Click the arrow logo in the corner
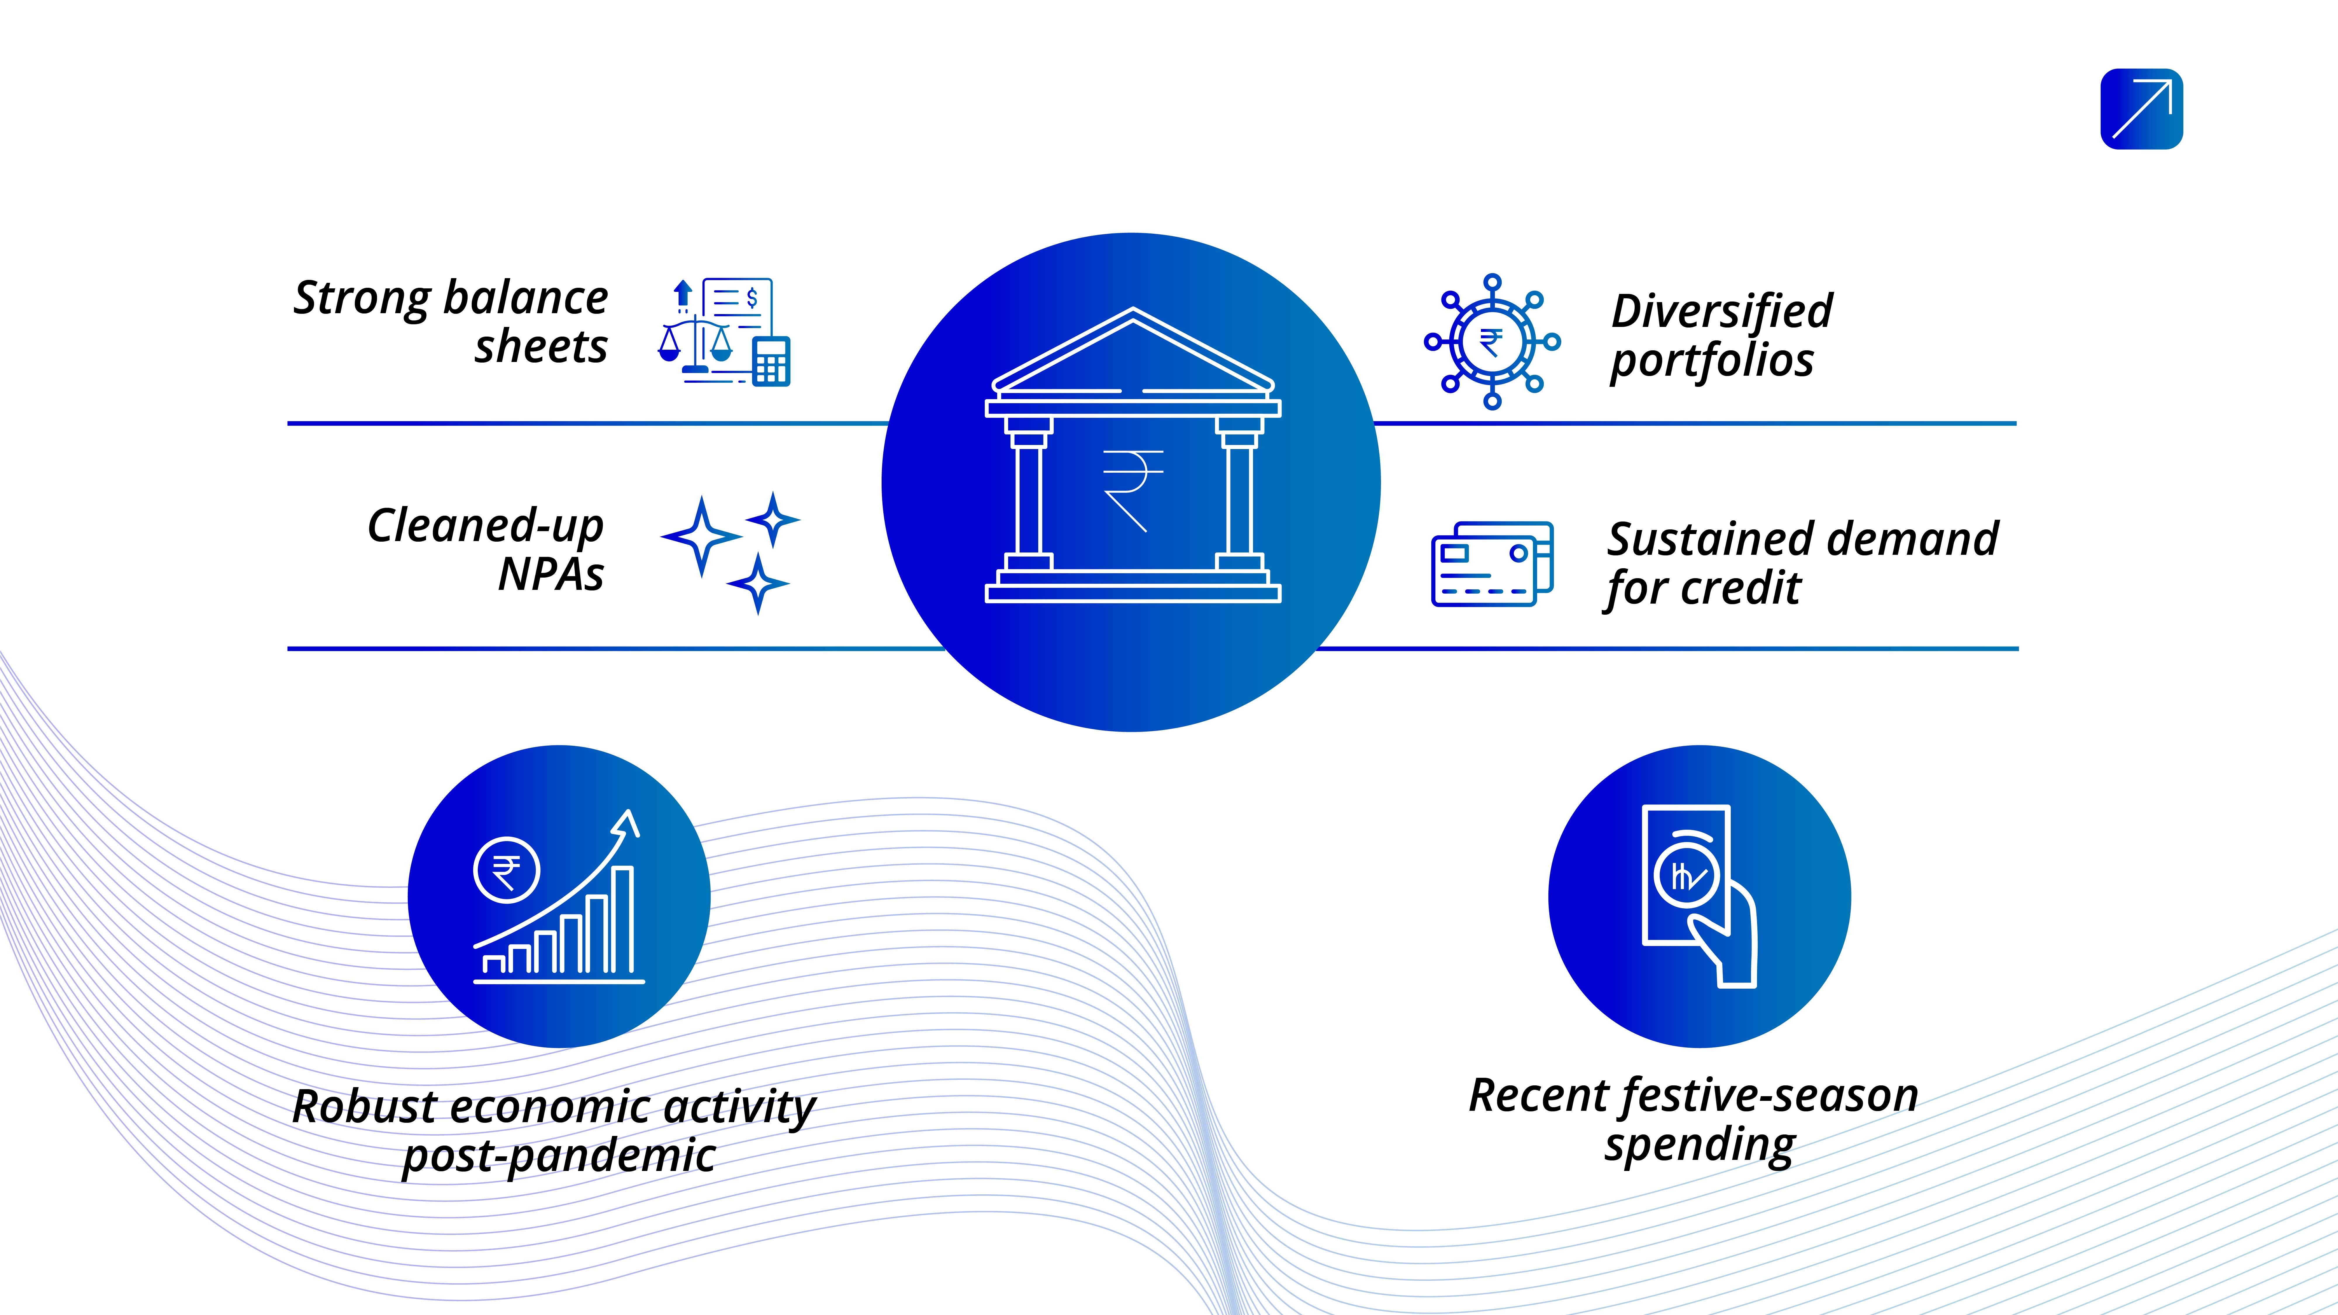click(x=2141, y=109)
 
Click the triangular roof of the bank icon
click(x=1133, y=354)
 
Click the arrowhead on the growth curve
click(x=626, y=823)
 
